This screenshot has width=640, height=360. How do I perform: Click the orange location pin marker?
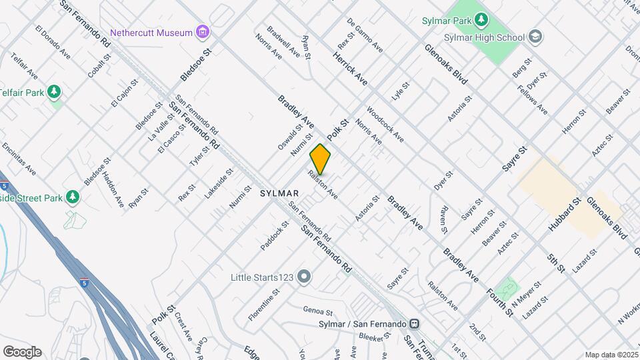pos(320,159)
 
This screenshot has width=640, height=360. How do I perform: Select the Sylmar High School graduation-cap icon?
pos(535,37)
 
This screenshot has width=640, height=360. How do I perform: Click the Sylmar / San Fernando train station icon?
pos(414,324)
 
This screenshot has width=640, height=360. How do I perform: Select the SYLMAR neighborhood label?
pos(279,193)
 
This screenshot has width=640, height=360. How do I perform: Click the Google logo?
pos(22,352)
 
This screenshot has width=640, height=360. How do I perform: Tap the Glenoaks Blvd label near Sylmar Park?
pos(447,64)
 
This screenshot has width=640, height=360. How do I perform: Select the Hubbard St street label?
pos(565,214)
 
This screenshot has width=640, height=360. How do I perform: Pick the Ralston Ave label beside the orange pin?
pos(323,185)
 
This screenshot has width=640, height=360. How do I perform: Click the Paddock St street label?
pos(275,237)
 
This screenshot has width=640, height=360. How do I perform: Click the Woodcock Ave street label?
pos(385,124)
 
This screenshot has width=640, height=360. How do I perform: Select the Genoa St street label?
pos(317,311)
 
